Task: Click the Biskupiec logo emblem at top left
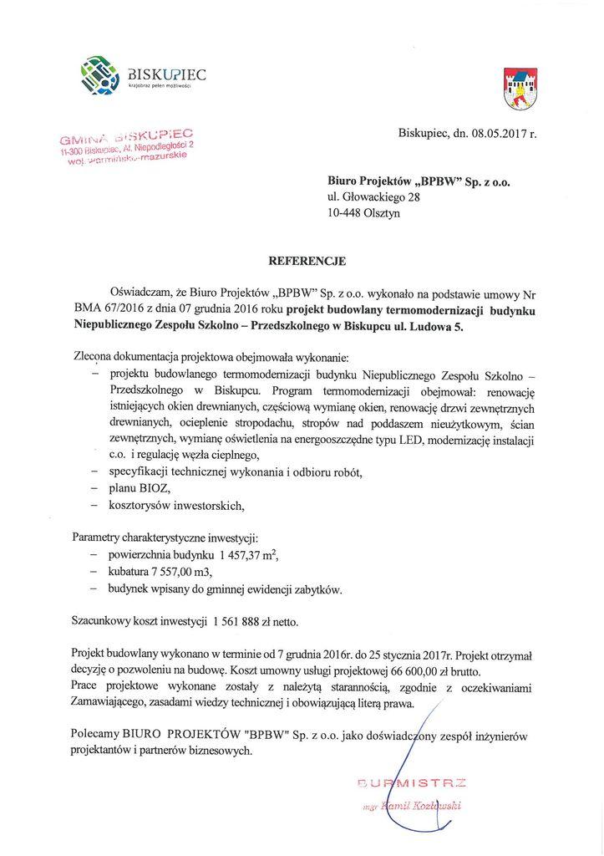tap(97, 75)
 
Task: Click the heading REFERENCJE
tap(301, 261)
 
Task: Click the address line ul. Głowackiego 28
tap(373, 197)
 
